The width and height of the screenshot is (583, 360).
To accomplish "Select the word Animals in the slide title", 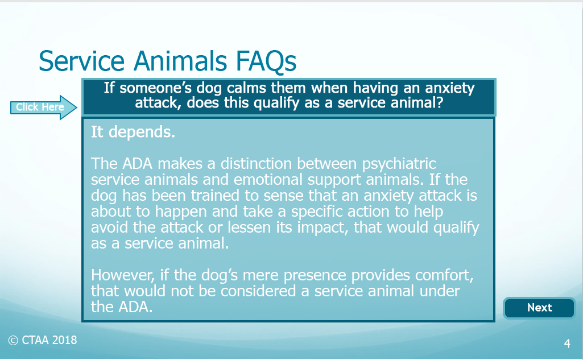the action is (x=180, y=61).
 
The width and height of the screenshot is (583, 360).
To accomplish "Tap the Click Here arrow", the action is (x=43, y=107).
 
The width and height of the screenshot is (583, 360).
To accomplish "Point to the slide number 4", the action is (x=567, y=344).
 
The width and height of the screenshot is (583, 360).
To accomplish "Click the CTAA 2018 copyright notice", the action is (x=43, y=340).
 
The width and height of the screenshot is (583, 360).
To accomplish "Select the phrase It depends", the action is (x=133, y=132).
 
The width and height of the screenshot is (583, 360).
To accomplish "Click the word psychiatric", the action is (x=399, y=164).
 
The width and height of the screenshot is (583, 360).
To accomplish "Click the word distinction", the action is (x=256, y=164).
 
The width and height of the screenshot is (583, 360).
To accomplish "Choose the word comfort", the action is (x=444, y=276).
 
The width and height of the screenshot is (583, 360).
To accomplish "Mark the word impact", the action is (x=322, y=228).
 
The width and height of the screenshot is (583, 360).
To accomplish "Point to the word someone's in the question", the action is (x=155, y=88).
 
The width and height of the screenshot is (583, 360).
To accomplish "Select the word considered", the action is (x=258, y=291).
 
